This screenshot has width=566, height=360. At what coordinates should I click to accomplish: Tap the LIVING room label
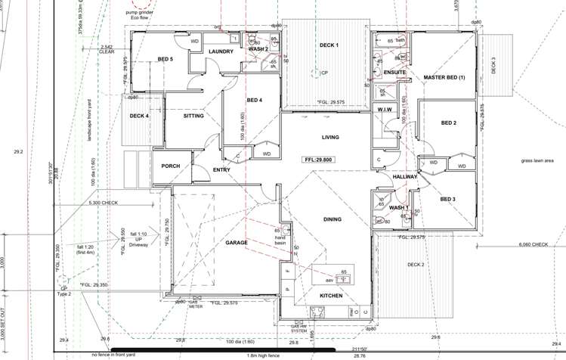[330, 138]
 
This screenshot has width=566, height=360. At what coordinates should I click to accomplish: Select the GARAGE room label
[237, 243]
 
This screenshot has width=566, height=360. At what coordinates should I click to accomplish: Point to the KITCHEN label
[331, 295]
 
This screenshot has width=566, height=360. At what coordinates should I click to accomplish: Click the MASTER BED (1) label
[444, 77]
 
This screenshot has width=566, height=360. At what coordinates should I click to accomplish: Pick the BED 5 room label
[165, 59]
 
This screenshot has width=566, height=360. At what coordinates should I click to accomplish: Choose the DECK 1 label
[329, 45]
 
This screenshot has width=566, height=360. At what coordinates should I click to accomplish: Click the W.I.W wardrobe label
[384, 110]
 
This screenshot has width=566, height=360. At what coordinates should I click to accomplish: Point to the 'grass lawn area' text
[537, 160]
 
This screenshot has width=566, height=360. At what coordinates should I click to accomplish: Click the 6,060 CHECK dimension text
[534, 244]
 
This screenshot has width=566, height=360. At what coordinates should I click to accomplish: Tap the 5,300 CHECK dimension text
[104, 203]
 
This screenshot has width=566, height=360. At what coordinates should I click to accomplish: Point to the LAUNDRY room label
[221, 51]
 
